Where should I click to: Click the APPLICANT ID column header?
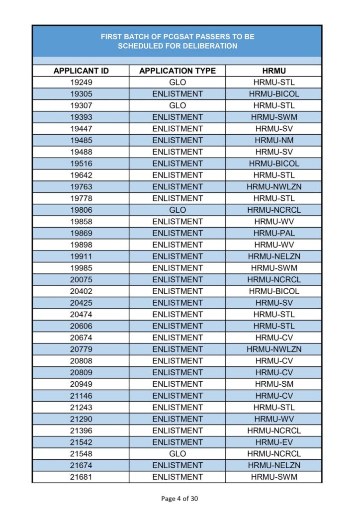tap(81, 71)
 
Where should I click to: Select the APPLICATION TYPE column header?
tap(178, 71)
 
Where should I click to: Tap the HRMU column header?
tap(274, 71)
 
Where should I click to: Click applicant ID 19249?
tap(81, 82)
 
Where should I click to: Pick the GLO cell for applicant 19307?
tap(178, 105)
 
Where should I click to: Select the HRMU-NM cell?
tap(274, 140)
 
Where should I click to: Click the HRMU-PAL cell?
tap(274, 233)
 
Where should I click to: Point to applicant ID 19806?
tap(81, 210)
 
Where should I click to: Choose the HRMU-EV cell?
tap(274, 442)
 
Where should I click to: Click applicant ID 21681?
tap(81, 477)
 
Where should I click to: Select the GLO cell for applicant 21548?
tap(178, 454)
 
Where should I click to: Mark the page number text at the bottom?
tap(180, 498)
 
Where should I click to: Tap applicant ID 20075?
tap(81, 279)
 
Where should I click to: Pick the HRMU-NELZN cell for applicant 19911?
tap(274, 256)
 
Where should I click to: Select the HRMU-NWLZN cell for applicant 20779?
tap(274, 349)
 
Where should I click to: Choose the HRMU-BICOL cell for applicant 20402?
tap(274, 291)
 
